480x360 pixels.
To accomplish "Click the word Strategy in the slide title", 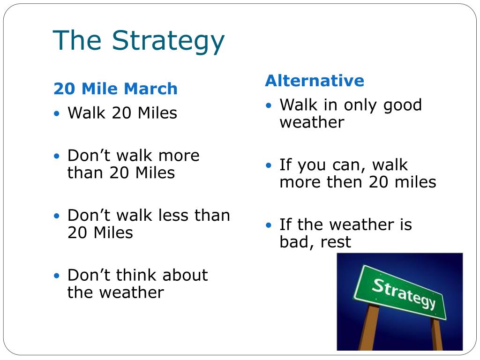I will click(x=168, y=41).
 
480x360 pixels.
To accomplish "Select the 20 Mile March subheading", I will click(x=115, y=89).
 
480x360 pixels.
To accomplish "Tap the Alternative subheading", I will click(x=314, y=81).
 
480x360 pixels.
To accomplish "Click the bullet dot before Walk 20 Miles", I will click(x=57, y=114).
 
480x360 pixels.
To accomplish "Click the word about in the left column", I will click(x=184, y=275).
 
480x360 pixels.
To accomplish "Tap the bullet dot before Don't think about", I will click(x=57, y=276).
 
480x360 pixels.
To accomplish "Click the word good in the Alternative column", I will click(x=402, y=105).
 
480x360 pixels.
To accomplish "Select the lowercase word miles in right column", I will click(x=416, y=182).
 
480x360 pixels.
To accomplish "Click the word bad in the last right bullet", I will click(x=292, y=242).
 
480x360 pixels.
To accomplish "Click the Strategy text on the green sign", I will click(x=404, y=293).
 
